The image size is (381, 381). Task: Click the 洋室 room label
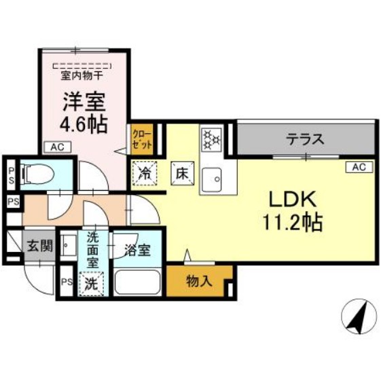pos(84,102)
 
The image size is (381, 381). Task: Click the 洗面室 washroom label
pos(92,249)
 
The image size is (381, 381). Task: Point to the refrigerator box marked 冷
pos(145,173)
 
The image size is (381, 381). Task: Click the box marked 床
pos(182,173)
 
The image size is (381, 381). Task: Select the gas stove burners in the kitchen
pos(212,139)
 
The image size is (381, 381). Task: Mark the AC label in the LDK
pos(359,167)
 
